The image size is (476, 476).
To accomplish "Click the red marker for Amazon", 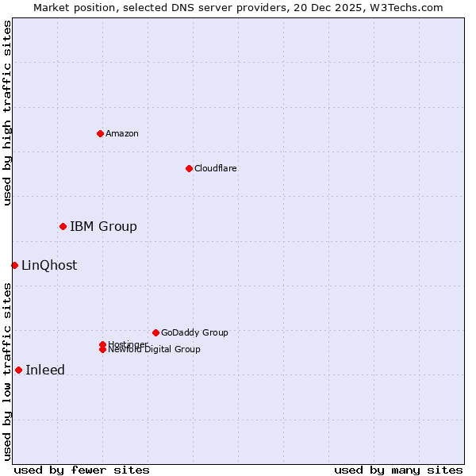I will pos(100,133).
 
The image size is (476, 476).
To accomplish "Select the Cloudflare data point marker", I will pos(189,168).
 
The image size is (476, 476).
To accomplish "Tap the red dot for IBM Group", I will pos(63,226).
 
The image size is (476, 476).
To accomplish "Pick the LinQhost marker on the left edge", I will pos(14,265).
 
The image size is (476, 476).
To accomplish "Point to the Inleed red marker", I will pos(18,370).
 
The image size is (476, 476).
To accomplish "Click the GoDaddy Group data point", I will pos(155,332).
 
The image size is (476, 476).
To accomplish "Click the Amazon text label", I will pos(122,133).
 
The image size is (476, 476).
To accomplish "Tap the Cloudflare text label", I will pos(215,168).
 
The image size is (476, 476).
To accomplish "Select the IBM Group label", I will pos(103,227).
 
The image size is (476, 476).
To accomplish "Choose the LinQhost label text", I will pos(49,266).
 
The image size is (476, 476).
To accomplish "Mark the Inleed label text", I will pos(45,370).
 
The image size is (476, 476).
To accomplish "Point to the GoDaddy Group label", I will pos(194,333).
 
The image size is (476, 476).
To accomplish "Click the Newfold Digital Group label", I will pos(155,350).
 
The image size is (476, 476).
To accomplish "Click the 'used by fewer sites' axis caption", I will pos(82,470).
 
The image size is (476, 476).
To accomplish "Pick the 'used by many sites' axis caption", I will pos(398,470).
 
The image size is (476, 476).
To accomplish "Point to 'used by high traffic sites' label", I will pos(7,113).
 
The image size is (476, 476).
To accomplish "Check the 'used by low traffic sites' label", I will pos(7,371).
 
